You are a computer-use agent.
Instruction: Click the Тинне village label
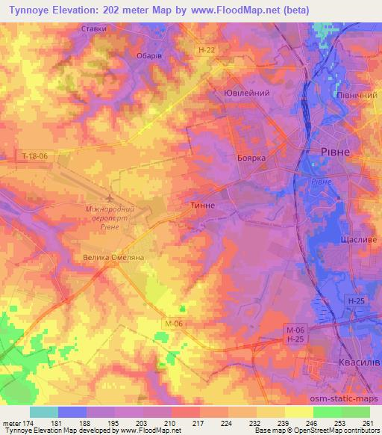[x=204, y=205]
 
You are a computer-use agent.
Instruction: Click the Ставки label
[x=94, y=29]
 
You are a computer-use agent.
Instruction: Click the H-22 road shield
[x=210, y=49]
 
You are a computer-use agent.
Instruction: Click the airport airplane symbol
[x=111, y=198]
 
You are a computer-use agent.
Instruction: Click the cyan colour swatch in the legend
[x=43, y=412]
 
